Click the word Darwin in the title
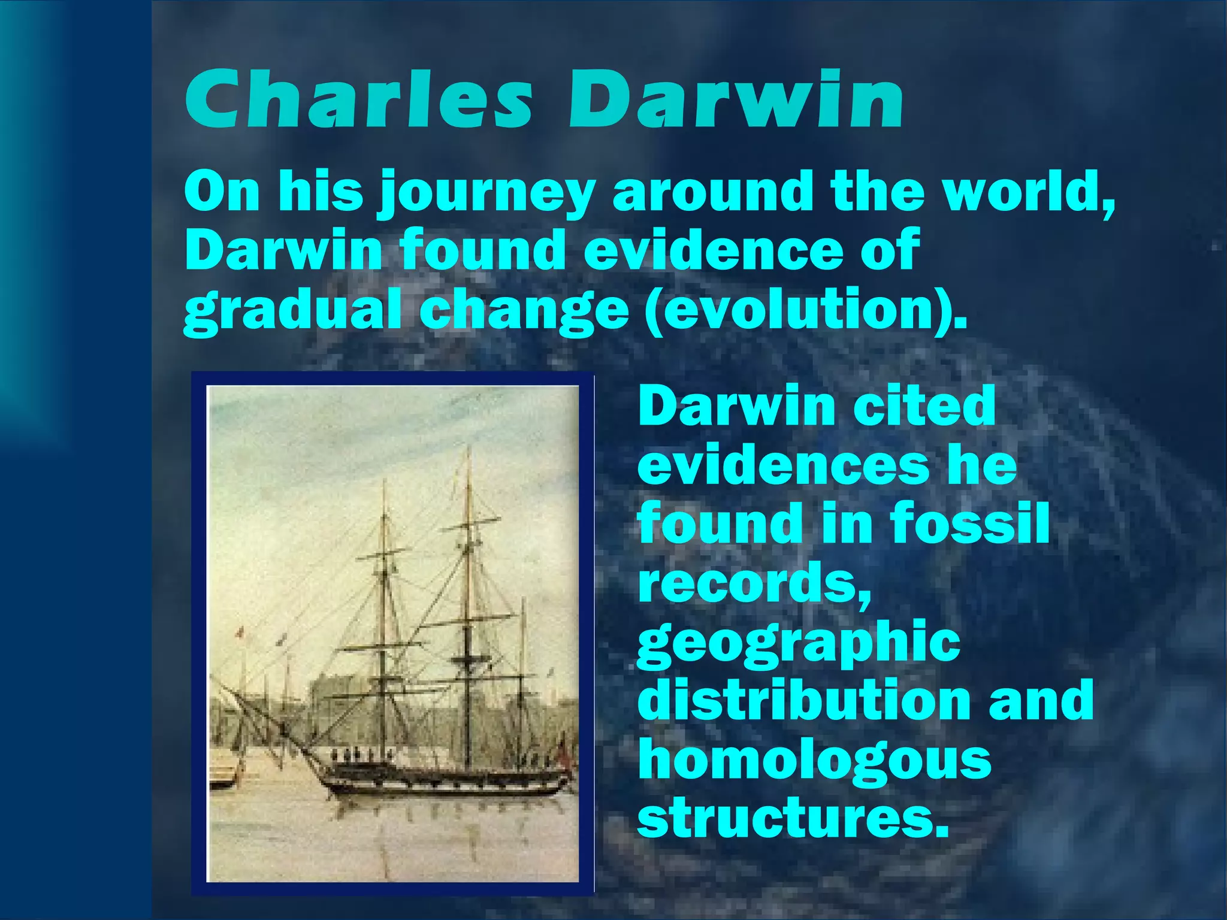736,99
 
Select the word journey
485,193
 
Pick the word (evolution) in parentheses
806,309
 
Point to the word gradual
292,309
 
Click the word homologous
815,759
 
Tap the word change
524,309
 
